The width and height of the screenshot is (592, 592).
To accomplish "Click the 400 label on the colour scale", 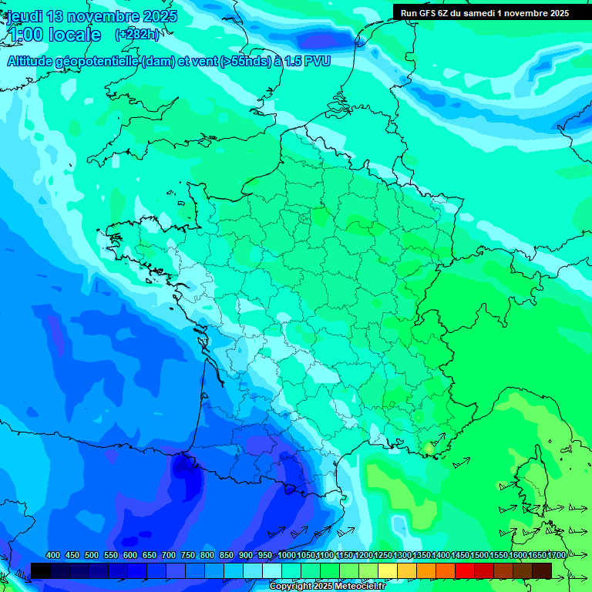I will [x=53, y=555].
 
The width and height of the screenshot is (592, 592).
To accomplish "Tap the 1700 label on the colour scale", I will [x=557, y=555].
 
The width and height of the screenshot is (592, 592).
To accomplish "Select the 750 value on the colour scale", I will [x=187, y=555].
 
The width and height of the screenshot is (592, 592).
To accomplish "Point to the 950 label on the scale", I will [x=265, y=555].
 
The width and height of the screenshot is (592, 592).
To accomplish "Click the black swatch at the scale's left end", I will [x=41, y=570].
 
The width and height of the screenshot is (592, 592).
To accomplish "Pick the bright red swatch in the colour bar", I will [x=465, y=570].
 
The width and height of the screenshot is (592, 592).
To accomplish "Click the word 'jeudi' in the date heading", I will [x=25, y=16].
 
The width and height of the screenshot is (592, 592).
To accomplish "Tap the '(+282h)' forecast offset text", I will [x=138, y=35].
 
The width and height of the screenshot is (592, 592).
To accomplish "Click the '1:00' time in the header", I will [x=25, y=35].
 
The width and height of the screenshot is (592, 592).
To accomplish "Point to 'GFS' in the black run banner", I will [x=428, y=13].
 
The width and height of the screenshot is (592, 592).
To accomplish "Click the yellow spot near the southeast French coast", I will [x=429, y=448].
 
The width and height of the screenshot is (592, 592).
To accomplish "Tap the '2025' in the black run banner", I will [x=557, y=13].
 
